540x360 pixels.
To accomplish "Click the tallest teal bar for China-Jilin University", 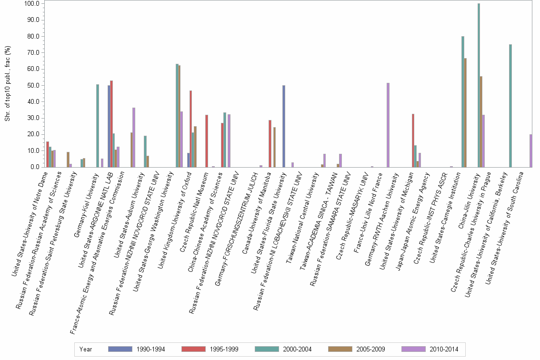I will point(479,85).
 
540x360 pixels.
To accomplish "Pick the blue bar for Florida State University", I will point(284,126).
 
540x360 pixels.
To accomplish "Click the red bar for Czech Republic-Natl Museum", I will point(207,141).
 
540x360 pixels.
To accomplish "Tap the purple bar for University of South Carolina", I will point(531,151).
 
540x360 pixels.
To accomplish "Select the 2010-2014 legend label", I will point(443,349).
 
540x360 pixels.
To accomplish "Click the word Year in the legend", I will point(86,349).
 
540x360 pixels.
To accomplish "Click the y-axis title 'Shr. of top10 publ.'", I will point(7,86).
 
